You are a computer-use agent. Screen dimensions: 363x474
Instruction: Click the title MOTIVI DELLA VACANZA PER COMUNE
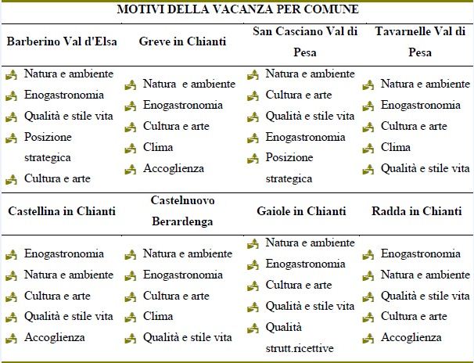point(238,10)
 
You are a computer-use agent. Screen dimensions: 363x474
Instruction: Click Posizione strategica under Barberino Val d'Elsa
point(48,146)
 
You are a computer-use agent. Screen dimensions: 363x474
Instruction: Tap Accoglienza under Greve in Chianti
point(173,167)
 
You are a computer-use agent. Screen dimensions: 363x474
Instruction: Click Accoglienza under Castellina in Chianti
point(54,338)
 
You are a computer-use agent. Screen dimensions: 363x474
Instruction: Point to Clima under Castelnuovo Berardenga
point(157,317)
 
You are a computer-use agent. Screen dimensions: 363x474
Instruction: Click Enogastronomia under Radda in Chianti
point(420,253)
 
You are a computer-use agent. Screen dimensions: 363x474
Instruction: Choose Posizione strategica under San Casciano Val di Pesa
point(289,167)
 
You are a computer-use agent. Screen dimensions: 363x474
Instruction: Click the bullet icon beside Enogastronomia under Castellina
point(11,254)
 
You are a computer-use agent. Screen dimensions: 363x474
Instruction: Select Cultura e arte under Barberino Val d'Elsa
point(57,178)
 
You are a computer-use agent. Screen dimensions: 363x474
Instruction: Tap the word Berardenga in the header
point(182,221)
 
